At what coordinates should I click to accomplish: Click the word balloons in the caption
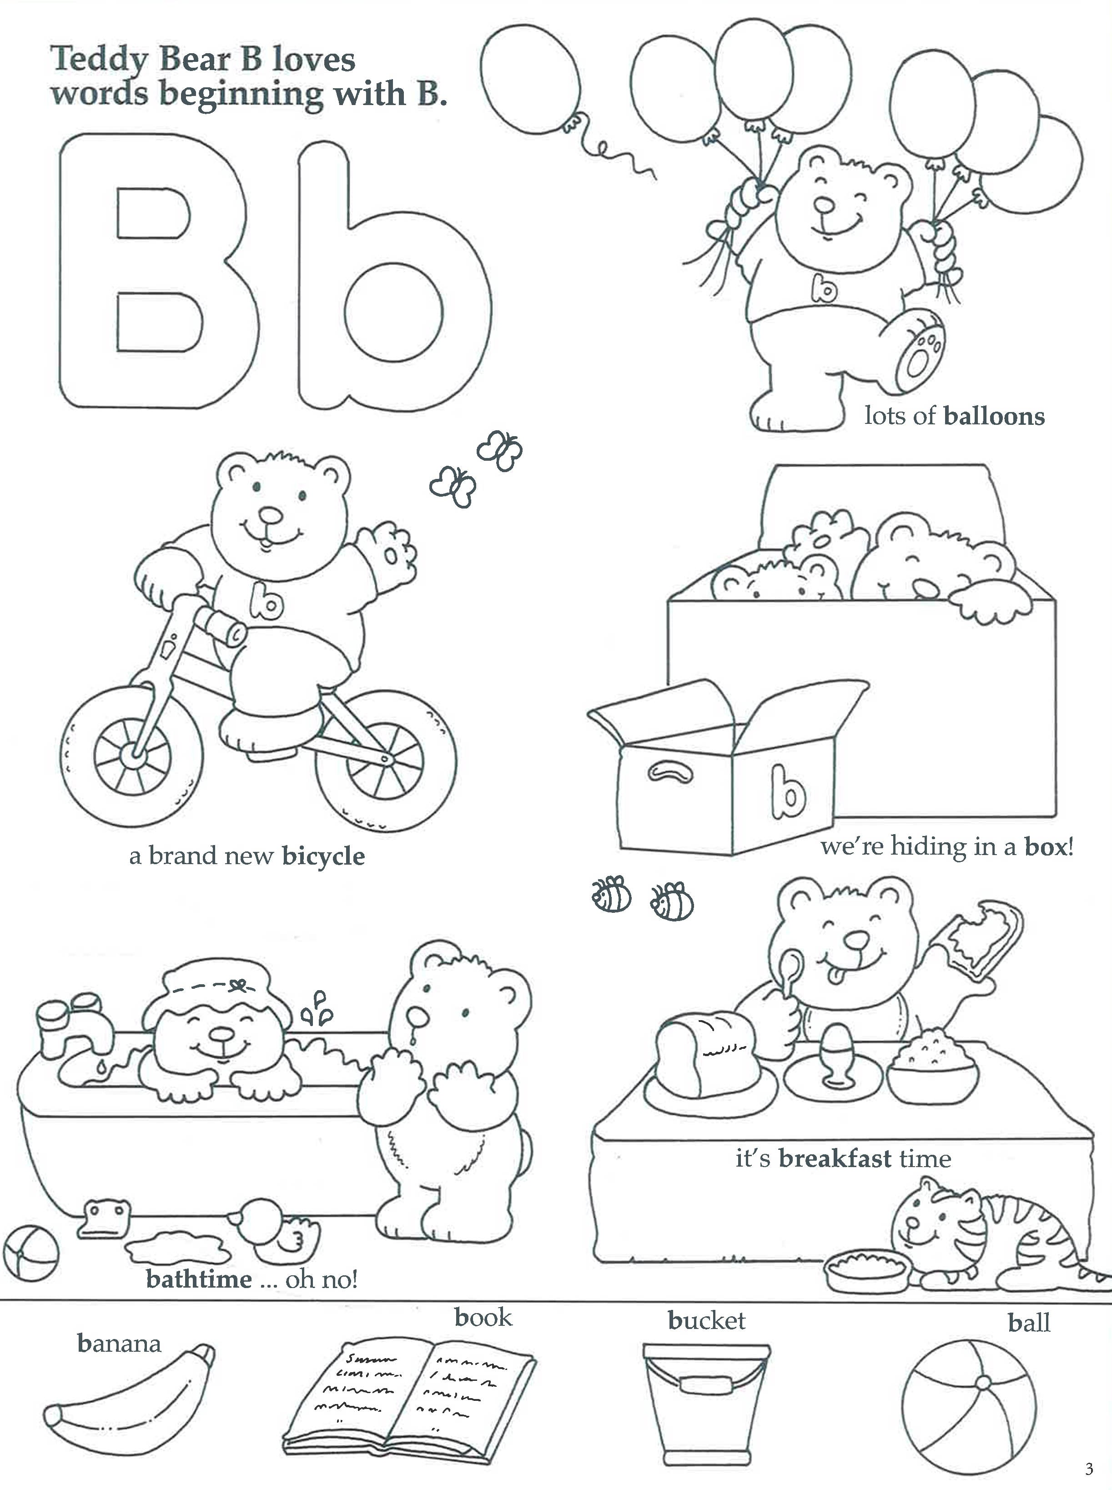click(x=994, y=417)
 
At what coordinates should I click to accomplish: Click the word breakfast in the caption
click(x=835, y=1159)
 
